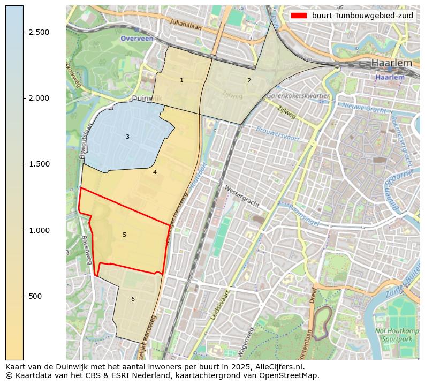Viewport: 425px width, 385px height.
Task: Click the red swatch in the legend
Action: pos(299,16)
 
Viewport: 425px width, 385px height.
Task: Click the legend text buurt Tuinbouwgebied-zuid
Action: pos(362,16)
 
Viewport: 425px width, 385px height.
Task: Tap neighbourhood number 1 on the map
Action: pos(181,80)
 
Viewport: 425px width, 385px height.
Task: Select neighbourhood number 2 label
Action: pos(249,80)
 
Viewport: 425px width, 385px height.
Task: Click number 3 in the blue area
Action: pos(127,137)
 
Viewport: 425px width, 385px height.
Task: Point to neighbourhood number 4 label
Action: pos(155,172)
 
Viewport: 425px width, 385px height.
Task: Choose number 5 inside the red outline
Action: pos(124,235)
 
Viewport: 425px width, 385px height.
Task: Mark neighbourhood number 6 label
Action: pos(133,299)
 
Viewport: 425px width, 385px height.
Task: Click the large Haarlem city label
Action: pos(392,63)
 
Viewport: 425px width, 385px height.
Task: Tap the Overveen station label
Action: pos(136,39)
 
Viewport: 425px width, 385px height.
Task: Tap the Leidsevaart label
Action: pos(220,305)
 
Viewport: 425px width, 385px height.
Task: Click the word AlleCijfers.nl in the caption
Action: pos(276,367)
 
